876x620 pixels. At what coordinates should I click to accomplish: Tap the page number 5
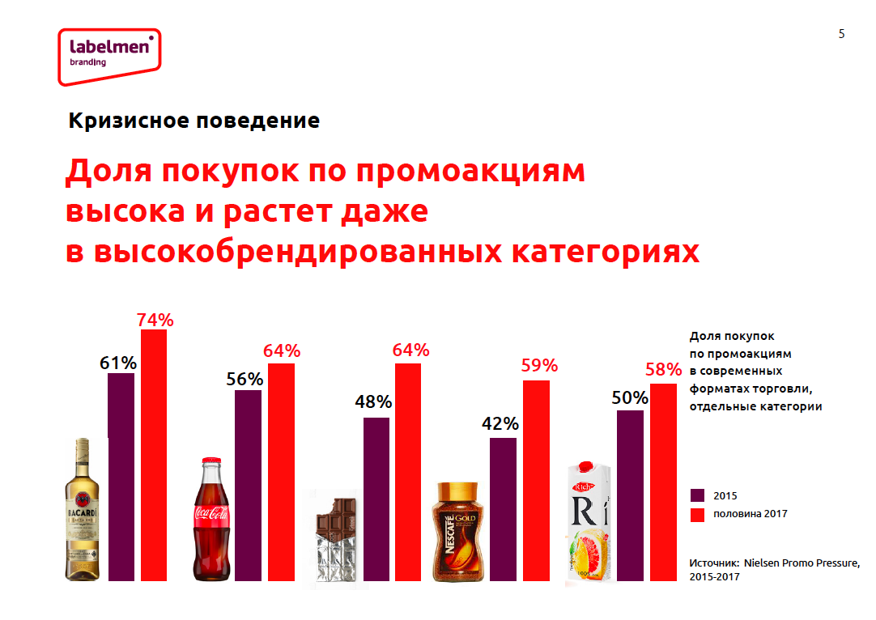842,34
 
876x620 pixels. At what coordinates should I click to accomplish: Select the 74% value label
155,320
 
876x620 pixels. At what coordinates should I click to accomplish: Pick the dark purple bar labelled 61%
121,477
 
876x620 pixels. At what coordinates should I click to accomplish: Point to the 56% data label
245,379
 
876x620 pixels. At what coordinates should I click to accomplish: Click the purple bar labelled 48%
376,499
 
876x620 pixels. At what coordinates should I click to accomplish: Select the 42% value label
500,423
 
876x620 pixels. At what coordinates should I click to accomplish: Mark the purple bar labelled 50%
630,495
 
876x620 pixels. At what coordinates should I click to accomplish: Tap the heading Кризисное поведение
193,121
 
